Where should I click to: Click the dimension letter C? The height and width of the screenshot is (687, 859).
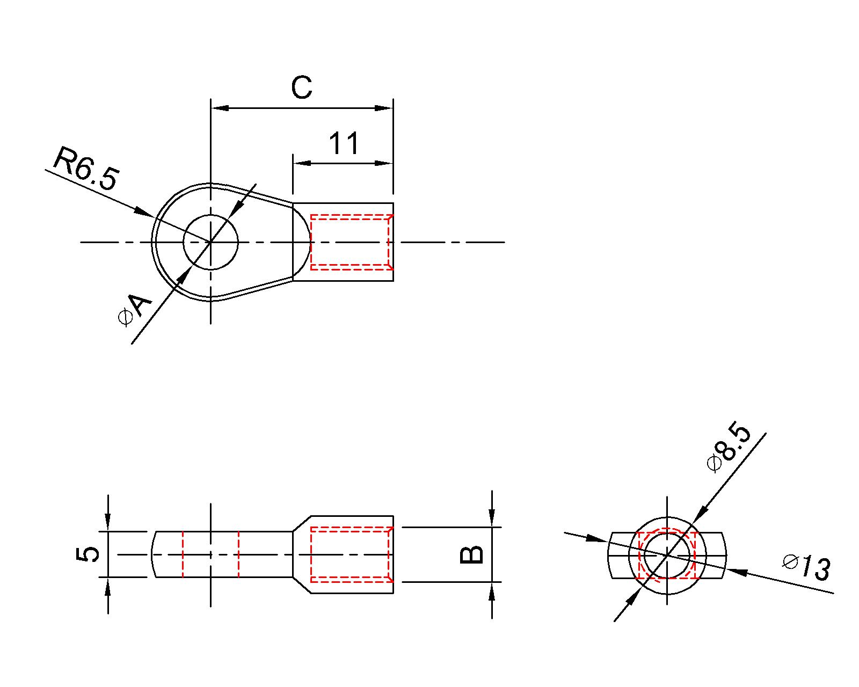301,87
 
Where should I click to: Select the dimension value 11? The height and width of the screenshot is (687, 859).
344,144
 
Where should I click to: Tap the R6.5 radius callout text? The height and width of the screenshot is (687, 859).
85,169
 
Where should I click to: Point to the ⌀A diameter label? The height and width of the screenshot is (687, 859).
135,311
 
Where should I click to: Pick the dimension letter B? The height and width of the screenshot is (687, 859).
472,555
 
